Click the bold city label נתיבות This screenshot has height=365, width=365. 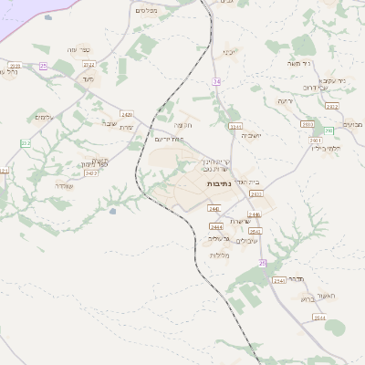219,183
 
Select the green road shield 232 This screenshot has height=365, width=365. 26,143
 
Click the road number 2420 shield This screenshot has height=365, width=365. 127,115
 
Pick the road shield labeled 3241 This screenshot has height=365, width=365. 235,126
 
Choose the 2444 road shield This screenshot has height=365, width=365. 216,226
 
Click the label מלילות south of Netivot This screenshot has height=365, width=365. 219,255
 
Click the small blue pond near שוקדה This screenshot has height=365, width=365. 112,211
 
